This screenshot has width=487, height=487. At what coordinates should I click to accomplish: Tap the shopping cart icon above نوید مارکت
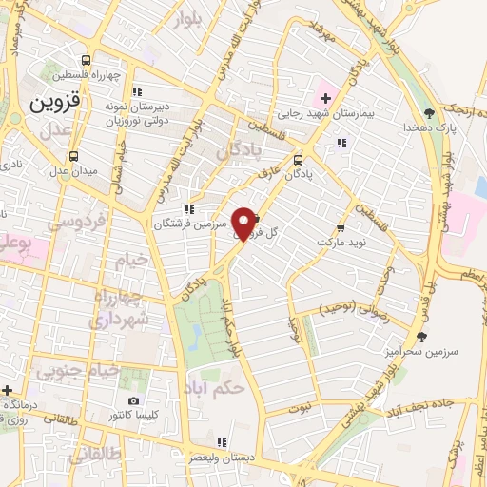(x=341, y=228)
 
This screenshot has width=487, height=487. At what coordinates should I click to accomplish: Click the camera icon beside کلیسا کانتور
(x=133, y=401)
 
